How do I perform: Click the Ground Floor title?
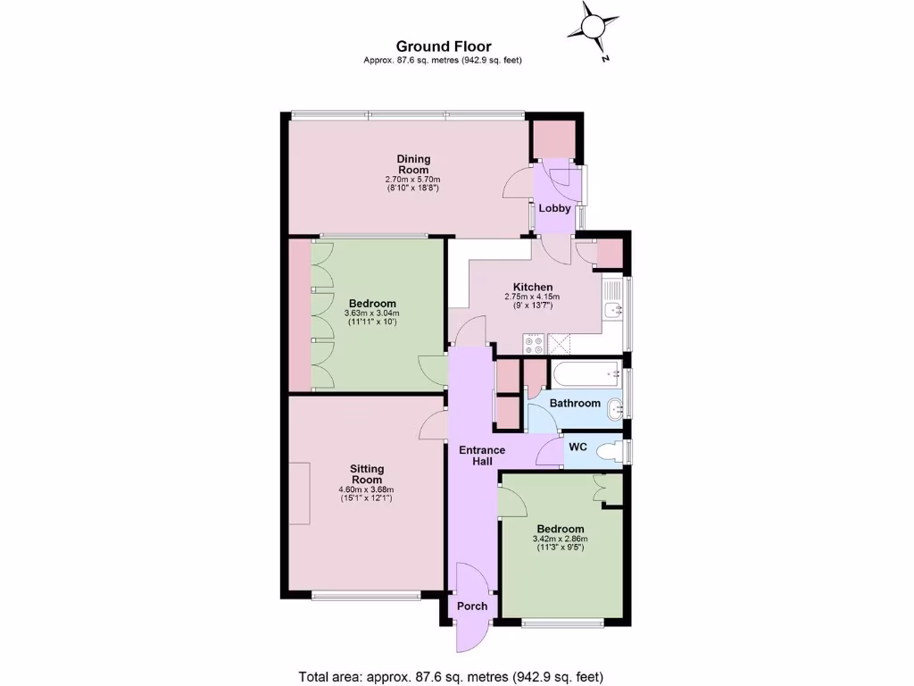click(443, 46)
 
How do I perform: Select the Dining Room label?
click(412, 164)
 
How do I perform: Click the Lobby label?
click(555, 208)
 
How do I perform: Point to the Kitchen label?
click(532, 287)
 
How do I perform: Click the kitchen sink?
click(611, 310)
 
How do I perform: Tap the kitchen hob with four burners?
click(534, 341)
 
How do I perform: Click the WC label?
click(577, 446)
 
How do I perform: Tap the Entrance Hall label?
click(482, 455)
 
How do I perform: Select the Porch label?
click(472, 606)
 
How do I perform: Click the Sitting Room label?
click(366, 473)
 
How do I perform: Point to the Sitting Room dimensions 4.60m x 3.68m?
click(366, 489)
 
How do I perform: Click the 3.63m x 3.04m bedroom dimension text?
click(370, 314)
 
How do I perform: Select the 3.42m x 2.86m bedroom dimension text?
click(560, 539)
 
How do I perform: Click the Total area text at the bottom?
click(456, 675)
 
